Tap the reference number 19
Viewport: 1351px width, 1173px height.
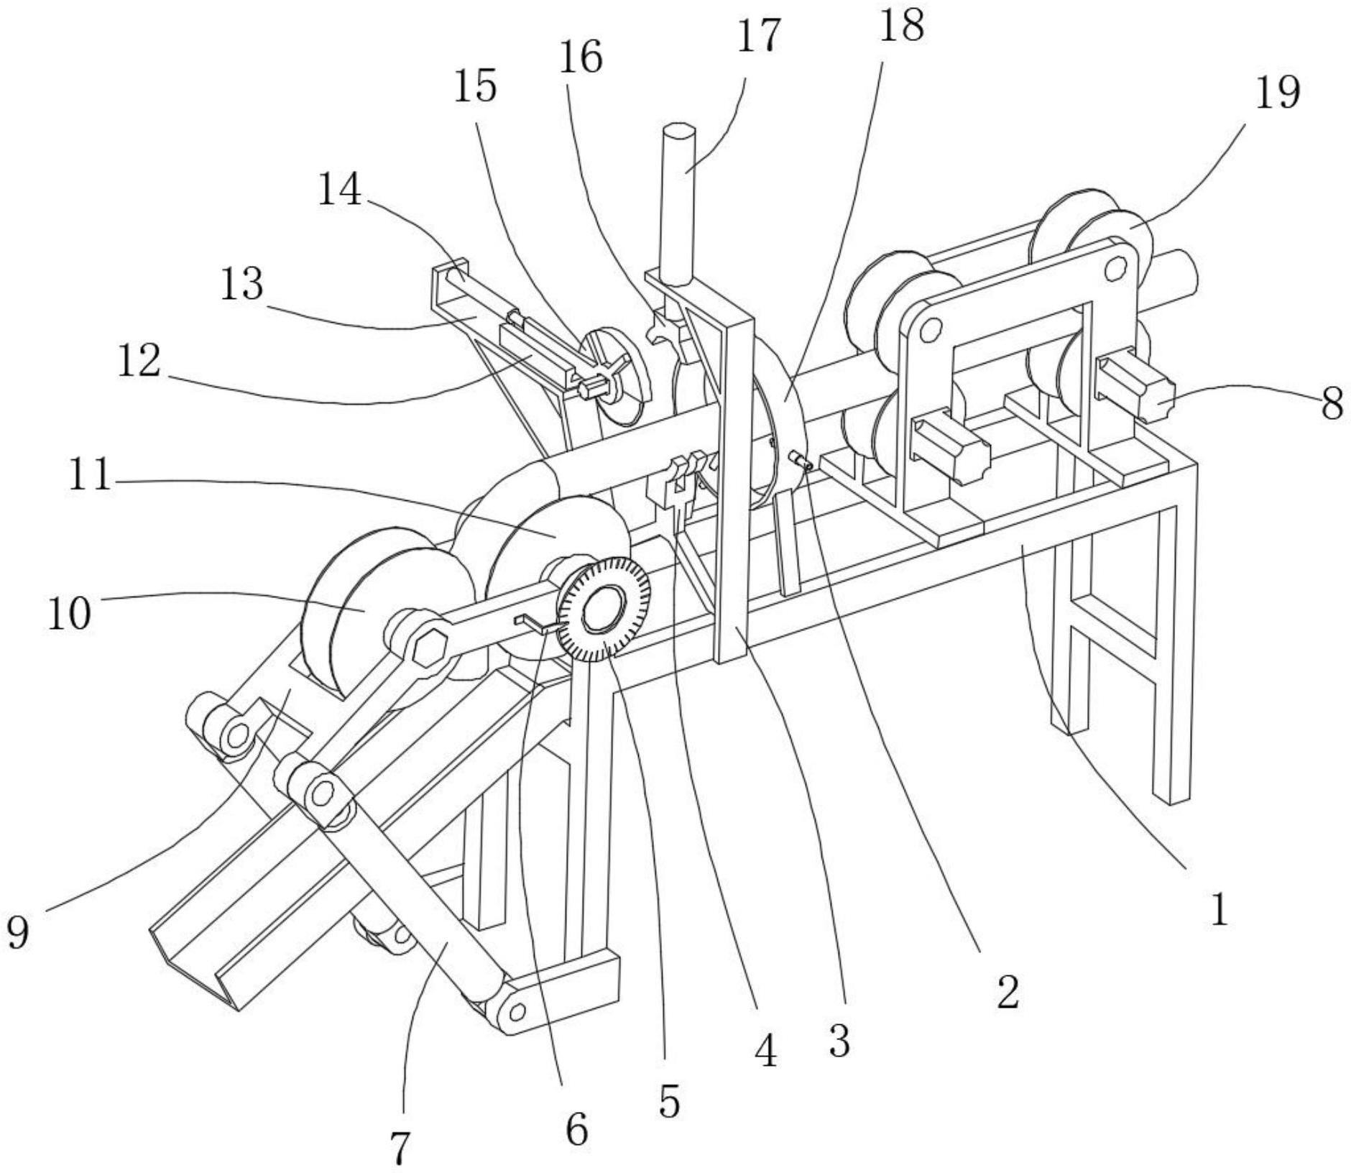[x=1278, y=93]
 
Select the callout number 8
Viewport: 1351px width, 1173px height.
[x=1331, y=404]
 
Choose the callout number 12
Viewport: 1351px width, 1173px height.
[x=139, y=361]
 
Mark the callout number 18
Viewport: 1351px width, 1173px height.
[x=903, y=26]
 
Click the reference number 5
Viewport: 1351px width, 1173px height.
[x=669, y=1100]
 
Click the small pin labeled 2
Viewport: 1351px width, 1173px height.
[x=802, y=460]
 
